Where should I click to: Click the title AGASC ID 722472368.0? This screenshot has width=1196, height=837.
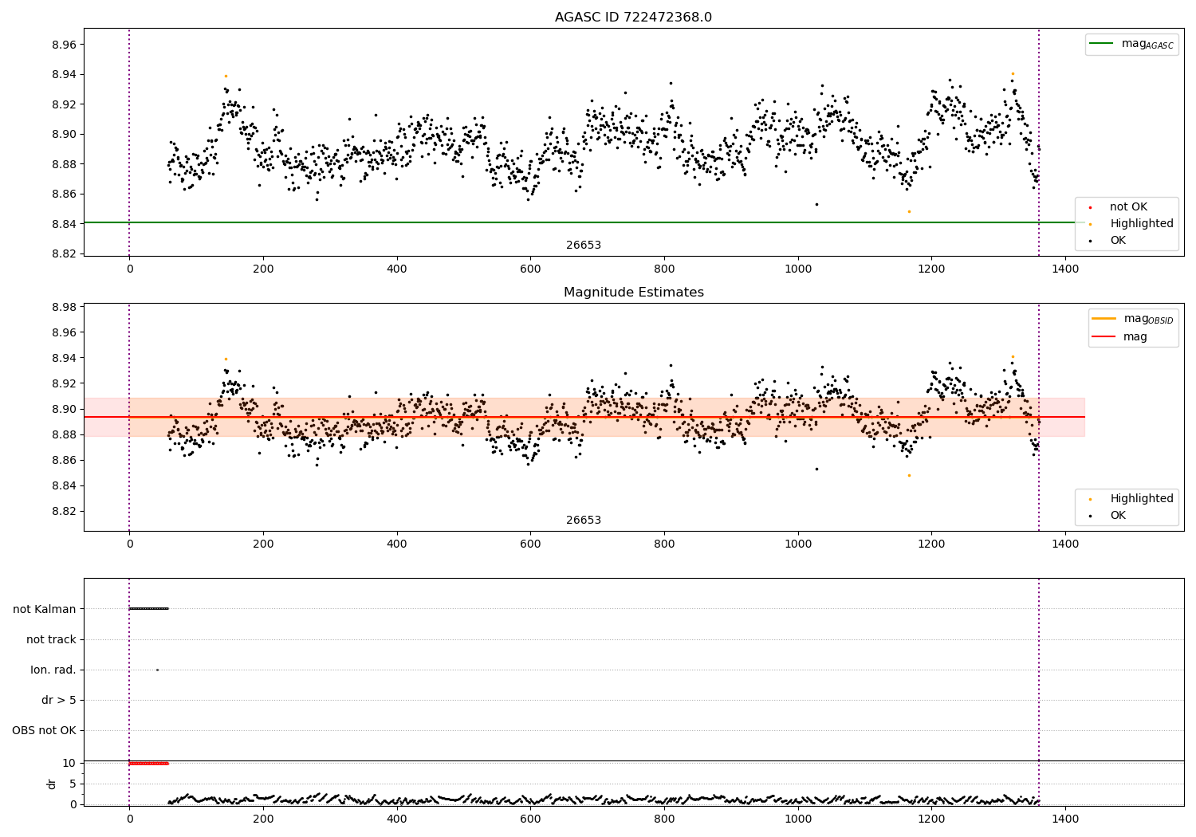[633, 18]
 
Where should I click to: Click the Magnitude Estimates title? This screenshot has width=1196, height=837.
[633, 293]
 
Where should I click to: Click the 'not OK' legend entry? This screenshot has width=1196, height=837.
[1127, 207]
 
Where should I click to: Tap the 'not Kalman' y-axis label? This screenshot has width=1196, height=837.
[45, 609]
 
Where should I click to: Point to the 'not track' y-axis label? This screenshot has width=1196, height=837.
[51, 639]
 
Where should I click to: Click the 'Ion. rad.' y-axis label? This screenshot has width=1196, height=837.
[53, 670]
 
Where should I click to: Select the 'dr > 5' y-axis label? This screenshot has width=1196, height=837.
[59, 700]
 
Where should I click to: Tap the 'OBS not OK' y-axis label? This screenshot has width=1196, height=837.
[44, 730]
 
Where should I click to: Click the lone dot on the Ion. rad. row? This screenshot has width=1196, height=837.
[157, 670]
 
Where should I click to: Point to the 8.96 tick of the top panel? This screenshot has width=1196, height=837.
[63, 45]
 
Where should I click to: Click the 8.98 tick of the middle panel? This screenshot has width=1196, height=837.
[63, 307]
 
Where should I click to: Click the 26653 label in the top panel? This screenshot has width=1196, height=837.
[584, 246]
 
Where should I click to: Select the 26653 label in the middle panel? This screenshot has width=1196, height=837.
[584, 521]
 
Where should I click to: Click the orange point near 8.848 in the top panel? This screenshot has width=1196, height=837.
[909, 211]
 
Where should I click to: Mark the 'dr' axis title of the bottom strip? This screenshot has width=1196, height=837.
[52, 784]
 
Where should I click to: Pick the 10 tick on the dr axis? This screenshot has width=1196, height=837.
[69, 763]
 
